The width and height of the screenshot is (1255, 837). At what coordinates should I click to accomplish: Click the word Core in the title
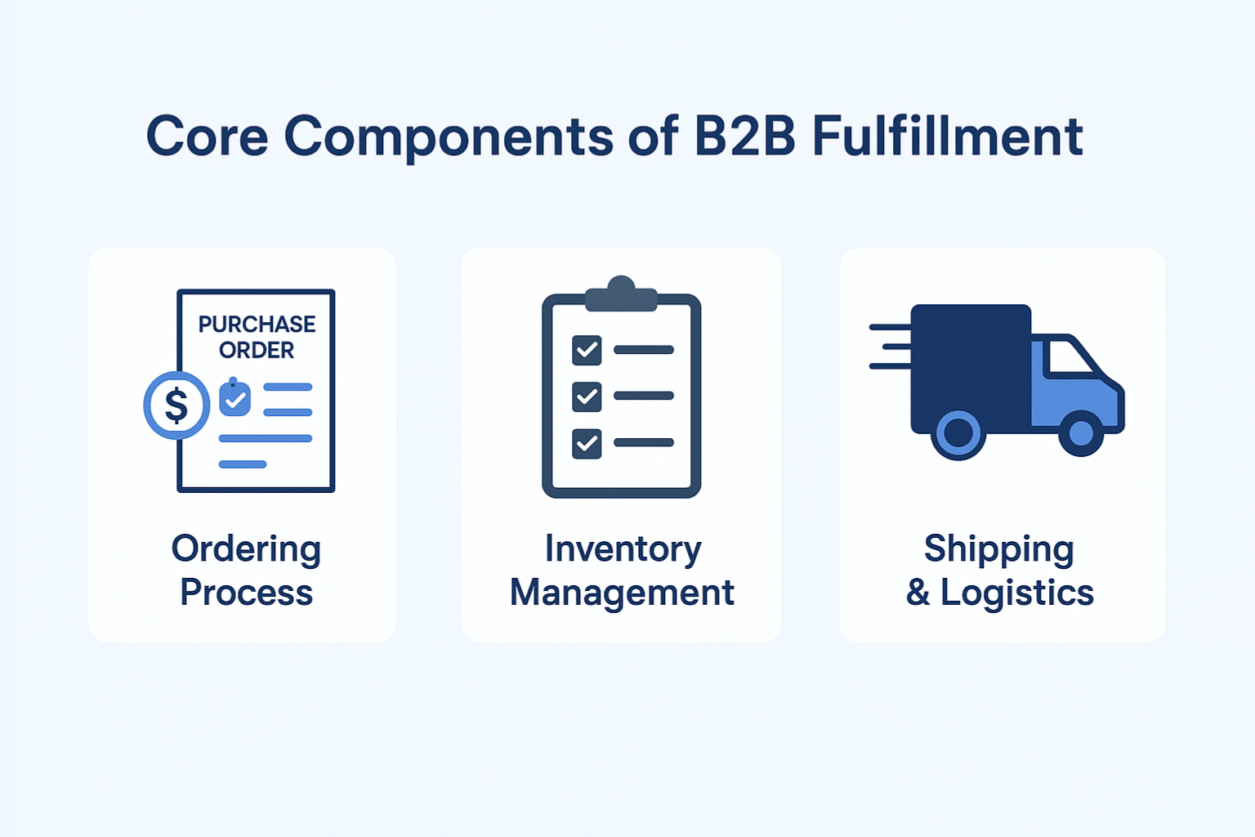(x=207, y=137)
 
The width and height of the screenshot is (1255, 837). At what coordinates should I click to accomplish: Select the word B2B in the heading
(x=744, y=137)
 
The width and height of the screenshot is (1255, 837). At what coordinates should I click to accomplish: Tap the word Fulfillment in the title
(x=947, y=137)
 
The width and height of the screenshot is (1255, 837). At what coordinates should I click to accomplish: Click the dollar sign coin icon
(x=176, y=405)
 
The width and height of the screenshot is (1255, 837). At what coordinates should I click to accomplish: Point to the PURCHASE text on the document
(x=257, y=325)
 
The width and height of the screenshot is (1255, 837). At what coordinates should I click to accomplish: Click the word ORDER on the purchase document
(x=257, y=351)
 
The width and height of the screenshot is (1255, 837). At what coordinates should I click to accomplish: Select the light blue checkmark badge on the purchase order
(x=235, y=399)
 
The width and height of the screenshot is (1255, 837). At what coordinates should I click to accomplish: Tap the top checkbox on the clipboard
(x=587, y=350)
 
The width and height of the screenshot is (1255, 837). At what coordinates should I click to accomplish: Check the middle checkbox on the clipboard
(x=587, y=396)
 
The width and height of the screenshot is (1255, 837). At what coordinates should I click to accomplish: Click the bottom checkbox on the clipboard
(x=587, y=443)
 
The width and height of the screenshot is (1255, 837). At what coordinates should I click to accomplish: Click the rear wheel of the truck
(x=958, y=433)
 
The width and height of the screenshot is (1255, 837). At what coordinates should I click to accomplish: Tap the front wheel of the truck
(x=1081, y=433)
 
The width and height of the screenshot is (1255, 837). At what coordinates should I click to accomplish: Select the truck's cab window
(x=1069, y=357)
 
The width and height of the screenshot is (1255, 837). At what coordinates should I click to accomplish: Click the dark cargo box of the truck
(x=971, y=360)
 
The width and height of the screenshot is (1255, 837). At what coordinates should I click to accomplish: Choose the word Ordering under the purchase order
(x=246, y=549)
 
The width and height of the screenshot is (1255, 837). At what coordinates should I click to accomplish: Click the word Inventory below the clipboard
(x=623, y=549)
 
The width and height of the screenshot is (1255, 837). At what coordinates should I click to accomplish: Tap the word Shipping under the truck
(x=998, y=549)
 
